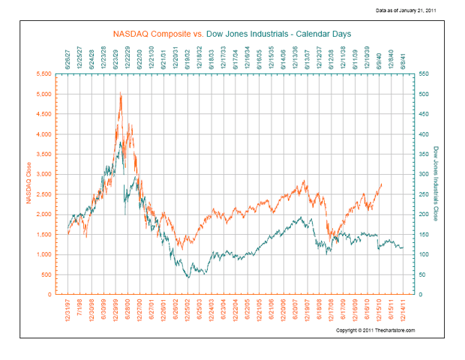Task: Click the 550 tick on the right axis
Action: click(x=425, y=74)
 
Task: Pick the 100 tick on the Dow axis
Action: click(x=425, y=254)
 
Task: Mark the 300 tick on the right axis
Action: click(x=425, y=174)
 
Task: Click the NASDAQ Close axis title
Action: click(x=28, y=184)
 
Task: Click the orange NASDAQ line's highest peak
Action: click(x=120, y=92)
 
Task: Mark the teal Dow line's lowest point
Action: click(x=188, y=277)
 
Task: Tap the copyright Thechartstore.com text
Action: click(x=375, y=331)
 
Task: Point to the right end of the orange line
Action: click(x=382, y=184)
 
